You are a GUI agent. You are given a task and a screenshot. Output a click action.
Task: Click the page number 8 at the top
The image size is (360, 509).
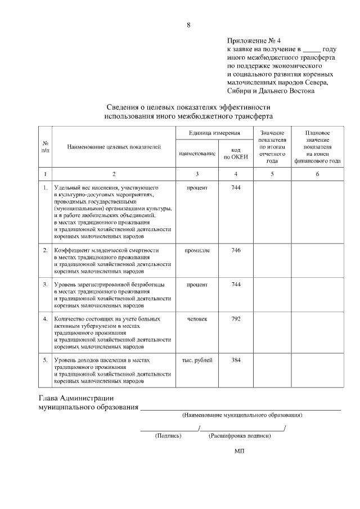[x=188, y=25]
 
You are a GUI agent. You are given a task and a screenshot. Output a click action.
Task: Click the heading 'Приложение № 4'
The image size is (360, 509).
[x=253, y=41]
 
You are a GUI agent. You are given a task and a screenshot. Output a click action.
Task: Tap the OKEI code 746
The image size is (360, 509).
[x=236, y=250]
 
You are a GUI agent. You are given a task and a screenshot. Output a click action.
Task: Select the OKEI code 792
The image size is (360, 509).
[x=236, y=319]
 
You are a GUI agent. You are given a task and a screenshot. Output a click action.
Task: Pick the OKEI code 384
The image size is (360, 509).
[x=236, y=361]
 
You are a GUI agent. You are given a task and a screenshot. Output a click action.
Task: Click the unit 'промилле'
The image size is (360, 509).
[x=197, y=250]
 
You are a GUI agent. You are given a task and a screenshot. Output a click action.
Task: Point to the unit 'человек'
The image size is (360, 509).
[x=197, y=319]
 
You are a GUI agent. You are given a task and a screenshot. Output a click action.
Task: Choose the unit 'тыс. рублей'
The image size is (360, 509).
[x=197, y=361]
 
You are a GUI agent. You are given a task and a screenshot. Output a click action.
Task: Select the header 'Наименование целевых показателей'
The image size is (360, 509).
[x=114, y=147]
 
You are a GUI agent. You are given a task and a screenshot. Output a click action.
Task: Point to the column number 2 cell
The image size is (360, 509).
[x=114, y=174]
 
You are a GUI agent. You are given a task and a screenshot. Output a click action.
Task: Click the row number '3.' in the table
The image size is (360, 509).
[x=45, y=285]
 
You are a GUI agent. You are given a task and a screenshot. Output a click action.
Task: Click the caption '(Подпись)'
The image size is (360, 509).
[x=168, y=435]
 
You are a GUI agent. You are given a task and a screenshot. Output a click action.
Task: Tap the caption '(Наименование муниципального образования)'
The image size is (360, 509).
[x=242, y=415]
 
